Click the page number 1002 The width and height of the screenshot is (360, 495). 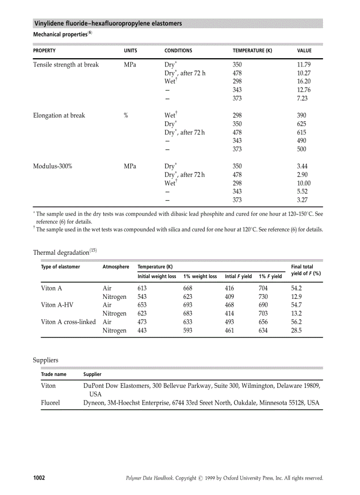pyautogui.click(x=39, y=478)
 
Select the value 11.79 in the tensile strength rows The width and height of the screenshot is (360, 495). pyautogui.click(x=304, y=65)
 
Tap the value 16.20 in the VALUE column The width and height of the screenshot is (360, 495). pyautogui.click(x=304, y=82)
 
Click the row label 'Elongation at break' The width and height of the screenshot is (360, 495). pyautogui.click(x=59, y=115)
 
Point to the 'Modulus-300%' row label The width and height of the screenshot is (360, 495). pyautogui.click(x=52, y=166)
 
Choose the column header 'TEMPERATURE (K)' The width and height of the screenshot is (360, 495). pyautogui.click(x=252, y=51)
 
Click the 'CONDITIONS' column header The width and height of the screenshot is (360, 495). pyautogui.click(x=178, y=51)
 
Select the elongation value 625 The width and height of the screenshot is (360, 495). pyautogui.click(x=302, y=124)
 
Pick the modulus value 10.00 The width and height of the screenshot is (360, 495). pyautogui.click(x=304, y=183)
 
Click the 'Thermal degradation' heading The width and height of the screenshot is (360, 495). pyautogui.click(x=61, y=253)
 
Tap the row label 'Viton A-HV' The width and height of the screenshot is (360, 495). pyautogui.click(x=55, y=305)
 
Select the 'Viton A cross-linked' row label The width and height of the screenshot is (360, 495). pyautogui.click(x=68, y=322)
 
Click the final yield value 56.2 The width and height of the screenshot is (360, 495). pyautogui.click(x=296, y=322)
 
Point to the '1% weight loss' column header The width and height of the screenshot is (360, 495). pyautogui.click(x=200, y=276)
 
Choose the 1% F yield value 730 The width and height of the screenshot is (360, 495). pyautogui.click(x=263, y=297)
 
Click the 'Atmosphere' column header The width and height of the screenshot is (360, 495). pyautogui.click(x=116, y=267)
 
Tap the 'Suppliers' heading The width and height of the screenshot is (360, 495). pyautogui.click(x=45, y=360)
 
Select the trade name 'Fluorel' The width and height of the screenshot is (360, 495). pyautogui.click(x=50, y=402)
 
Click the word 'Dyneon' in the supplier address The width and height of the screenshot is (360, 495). pyautogui.click(x=94, y=402)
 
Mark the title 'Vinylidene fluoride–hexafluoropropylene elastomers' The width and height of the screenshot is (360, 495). pyautogui.click(x=108, y=23)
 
